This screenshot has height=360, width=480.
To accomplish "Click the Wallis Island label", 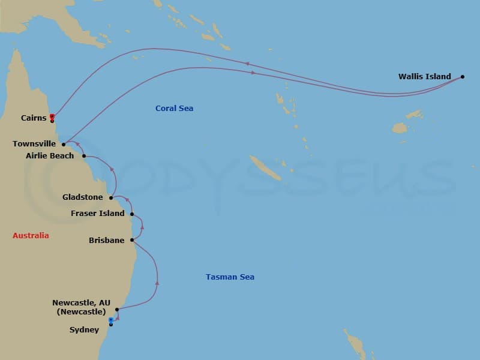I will coord(424,77).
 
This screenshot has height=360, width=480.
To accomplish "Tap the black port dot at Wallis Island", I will coord(463,77).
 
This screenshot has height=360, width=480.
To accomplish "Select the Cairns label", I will coord(34,118).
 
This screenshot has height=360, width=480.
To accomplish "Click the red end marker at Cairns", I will coord(52,116).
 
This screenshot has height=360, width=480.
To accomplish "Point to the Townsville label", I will coord(35,144).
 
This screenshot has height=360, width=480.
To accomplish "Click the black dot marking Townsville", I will coord(64,145).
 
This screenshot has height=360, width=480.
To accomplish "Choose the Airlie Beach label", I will coord(50,156).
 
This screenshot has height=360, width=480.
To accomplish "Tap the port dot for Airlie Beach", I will coord(84,156).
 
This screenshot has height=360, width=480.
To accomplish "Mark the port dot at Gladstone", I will coord(111,197).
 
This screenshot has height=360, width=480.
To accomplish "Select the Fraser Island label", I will coord(98,214).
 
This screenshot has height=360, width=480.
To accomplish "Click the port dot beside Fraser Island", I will coord(131,214).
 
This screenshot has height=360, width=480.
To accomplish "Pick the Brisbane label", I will coord(106,241).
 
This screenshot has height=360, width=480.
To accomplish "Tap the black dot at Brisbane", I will coord(131,240).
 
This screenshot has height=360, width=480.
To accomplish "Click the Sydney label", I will coord(84,330).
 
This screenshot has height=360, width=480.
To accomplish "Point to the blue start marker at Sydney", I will coord(111,320).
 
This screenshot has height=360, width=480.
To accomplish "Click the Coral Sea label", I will coord(174,109).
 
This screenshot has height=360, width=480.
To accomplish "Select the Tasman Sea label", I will coord(230,277).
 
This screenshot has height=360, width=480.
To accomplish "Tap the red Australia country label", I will coord(31,236).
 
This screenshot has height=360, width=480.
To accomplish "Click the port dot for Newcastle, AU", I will coord(117,310).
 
